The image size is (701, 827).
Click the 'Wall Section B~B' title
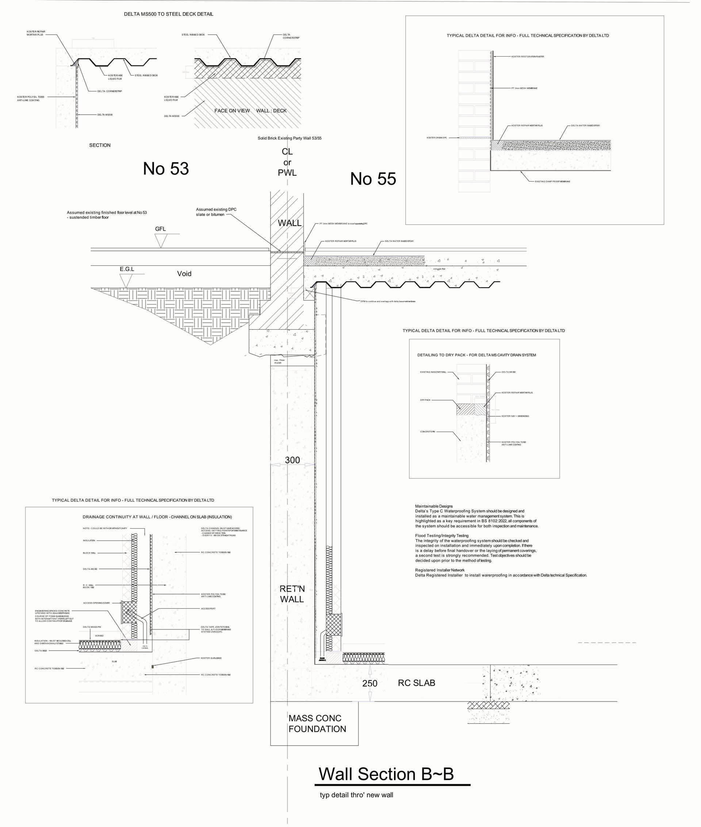[386, 774]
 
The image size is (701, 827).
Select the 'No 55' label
[373, 179]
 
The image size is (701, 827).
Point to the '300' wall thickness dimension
[292, 460]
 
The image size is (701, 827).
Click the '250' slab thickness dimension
[369, 683]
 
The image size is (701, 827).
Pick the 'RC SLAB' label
[417, 683]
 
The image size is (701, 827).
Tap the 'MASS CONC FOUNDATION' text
[317, 723]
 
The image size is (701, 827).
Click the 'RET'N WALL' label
[292, 594]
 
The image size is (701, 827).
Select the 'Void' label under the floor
[184, 273]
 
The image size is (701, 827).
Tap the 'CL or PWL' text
[287, 162]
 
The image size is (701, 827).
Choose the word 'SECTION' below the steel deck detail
[100, 145]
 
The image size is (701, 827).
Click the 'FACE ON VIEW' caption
[232, 111]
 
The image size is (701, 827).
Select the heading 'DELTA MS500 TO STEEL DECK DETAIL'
[168, 14]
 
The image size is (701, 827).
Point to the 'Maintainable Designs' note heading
[434, 506]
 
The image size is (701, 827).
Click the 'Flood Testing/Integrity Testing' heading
[441, 536]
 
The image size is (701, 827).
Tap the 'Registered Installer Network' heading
[440, 570]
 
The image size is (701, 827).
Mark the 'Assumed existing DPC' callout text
[216, 210]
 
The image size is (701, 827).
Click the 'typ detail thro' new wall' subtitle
[356, 795]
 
